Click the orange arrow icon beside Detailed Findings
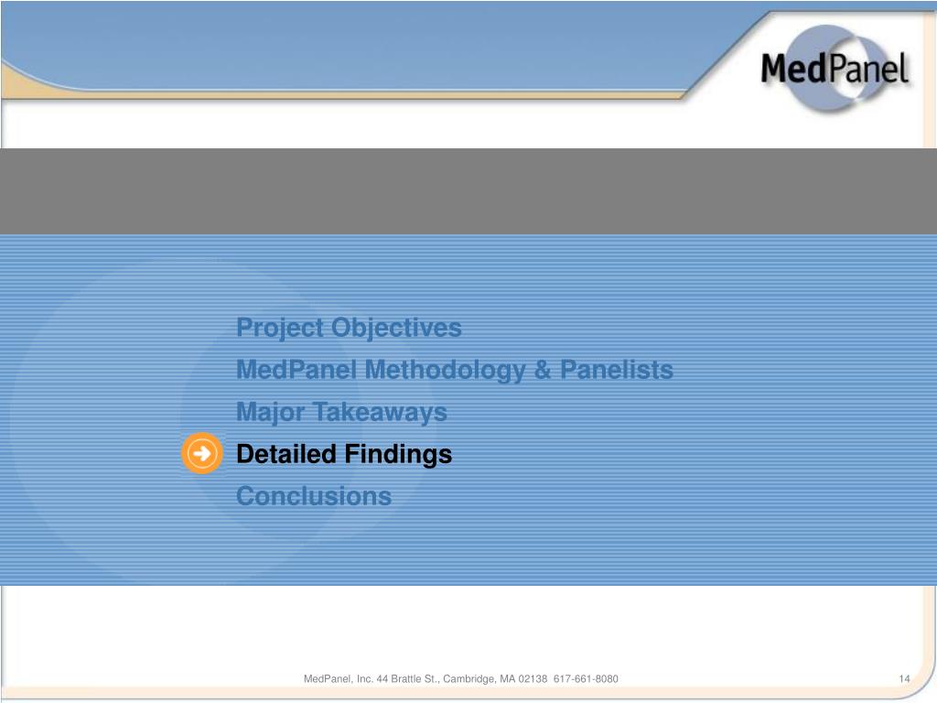(x=201, y=453)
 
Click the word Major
(x=271, y=413)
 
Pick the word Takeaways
(x=380, y=413)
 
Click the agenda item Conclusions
(x=314, y=496)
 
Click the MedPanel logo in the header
(x=834, y=70)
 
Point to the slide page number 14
(x=904, y=678)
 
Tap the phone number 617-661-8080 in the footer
(x=586, y=678)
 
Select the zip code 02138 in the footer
(x=533, y=678)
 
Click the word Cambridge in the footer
(x=473, y=678)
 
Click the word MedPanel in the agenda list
(x=296, y=371)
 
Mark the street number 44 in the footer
(x=382, y=678)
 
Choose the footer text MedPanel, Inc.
(x=338, y=678)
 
